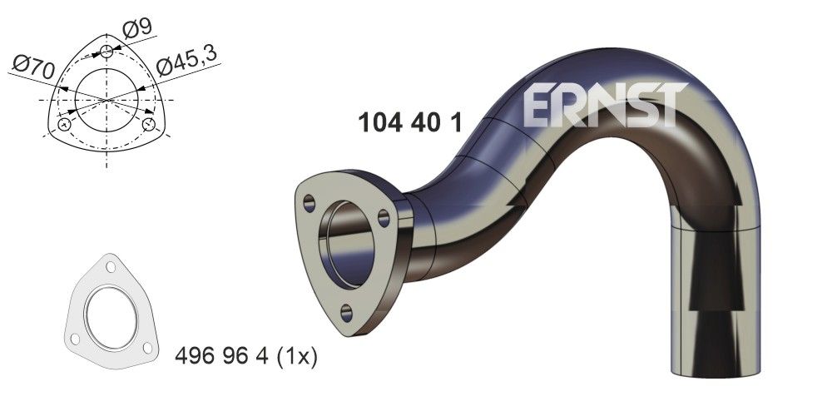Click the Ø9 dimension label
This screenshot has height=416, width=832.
(x=137, y=27)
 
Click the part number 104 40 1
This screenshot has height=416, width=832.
(x=409, y=122)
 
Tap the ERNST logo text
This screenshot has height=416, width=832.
(x=606, y=105)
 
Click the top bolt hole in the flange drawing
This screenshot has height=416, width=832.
(x=106, y=52)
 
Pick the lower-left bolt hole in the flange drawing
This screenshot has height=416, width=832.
(x=64, y=125)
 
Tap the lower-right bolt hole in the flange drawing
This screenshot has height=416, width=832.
(x=149, y=125)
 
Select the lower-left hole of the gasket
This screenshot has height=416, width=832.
(x=76, y=338)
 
